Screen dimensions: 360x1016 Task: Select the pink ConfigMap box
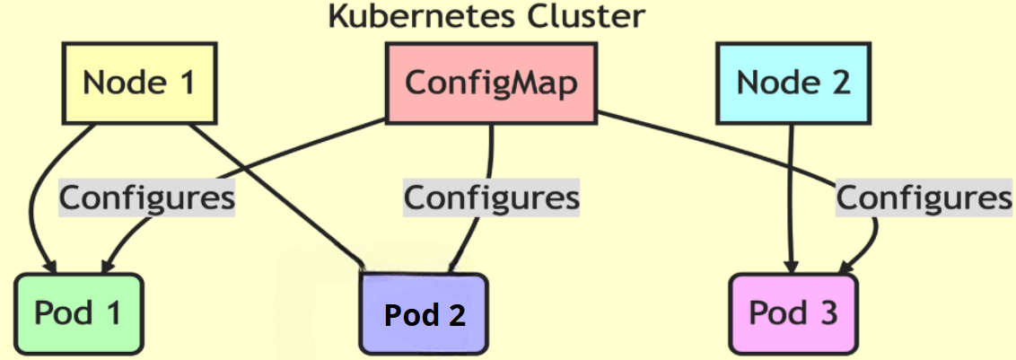(491, 83)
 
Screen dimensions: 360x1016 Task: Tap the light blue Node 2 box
(793, 83)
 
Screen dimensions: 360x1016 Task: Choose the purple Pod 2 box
(425, 314)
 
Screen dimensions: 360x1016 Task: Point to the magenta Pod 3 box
(793, 313)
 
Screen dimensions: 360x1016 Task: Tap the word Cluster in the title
(600, 16)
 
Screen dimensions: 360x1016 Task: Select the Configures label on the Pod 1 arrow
(146, 197)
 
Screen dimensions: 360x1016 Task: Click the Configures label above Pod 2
(491, 197)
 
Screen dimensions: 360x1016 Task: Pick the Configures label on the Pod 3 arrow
(924, 197)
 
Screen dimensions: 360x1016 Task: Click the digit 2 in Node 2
(838, 83)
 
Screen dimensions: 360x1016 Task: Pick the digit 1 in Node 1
(186, 83)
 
